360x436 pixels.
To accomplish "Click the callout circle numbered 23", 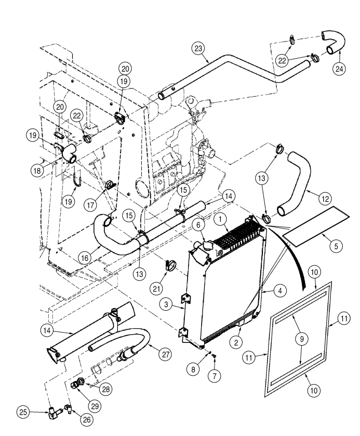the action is [198, 49].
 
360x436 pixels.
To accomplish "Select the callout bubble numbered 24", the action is [339, 69].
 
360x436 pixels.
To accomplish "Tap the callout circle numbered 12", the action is [325, 199].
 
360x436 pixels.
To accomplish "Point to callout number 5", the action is [336, 246].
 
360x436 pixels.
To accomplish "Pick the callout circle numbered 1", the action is [220, 219].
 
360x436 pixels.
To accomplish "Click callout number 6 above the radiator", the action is [198, 225].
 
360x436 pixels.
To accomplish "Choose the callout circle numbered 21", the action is [156, 289].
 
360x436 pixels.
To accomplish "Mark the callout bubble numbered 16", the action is [85, 258].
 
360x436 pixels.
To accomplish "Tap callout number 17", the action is [91, 205].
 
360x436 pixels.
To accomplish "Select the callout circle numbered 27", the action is [165, 354].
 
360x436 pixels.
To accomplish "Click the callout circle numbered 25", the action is [23, 412].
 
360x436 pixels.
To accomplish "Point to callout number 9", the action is [302, 339].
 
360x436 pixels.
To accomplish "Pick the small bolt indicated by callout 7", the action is [215, 356].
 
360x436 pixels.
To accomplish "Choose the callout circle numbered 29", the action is [95, 406].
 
